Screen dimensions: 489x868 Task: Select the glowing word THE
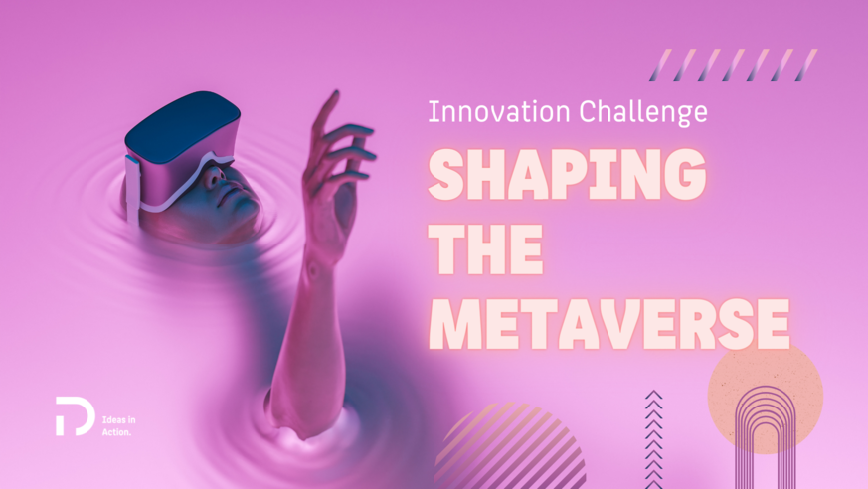486,250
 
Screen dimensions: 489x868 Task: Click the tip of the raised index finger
333,94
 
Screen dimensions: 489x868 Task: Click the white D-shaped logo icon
75,415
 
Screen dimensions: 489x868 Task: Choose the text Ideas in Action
119,425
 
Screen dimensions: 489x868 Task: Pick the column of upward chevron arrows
653,437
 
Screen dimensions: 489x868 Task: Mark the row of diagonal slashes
731,66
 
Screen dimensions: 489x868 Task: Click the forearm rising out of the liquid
298,328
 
